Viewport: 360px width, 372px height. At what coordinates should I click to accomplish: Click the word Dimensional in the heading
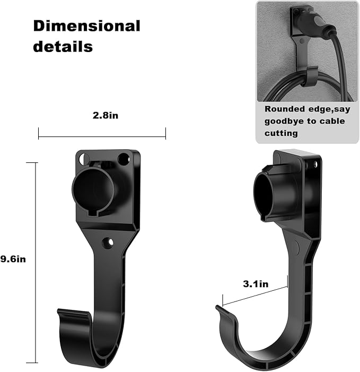pos(86,25)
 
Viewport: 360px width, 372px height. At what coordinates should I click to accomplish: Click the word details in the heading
pos(63,46)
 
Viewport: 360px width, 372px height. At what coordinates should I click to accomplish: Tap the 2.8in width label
pos(102,115)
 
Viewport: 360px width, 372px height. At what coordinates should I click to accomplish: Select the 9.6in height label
pos(13,259)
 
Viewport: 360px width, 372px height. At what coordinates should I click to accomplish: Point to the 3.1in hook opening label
pos(256,284)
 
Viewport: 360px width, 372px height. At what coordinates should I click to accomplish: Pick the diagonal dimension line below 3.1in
pos(255,297)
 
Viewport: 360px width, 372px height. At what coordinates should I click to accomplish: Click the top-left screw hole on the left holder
pos(82,158)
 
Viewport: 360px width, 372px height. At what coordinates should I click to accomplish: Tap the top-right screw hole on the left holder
pos(123,158)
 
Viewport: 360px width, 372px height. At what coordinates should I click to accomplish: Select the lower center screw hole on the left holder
pos(108,243)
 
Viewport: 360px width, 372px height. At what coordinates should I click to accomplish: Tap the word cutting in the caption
pos(282,133)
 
